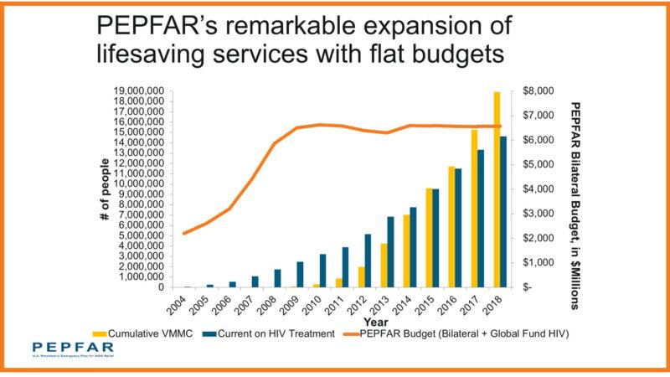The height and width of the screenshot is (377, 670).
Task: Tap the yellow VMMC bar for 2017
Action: coord(474,209)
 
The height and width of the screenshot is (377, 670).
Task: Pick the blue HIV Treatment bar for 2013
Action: coord(390,252)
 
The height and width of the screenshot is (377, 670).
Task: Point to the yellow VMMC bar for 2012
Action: coord(361,277)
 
